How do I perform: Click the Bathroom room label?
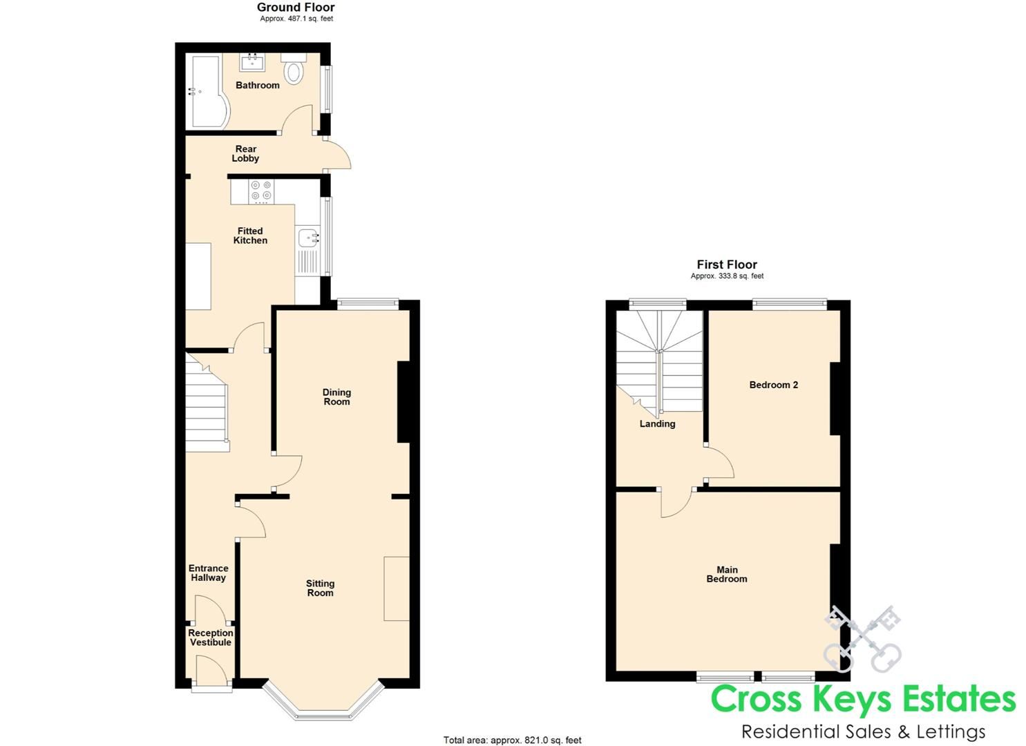click(258, 85)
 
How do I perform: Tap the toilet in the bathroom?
click(294, 70)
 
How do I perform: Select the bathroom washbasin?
click(251, 62)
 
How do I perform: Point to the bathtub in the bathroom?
click(205, 92)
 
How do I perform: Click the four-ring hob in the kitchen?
click(261, 191)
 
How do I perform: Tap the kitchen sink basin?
click(307, 238)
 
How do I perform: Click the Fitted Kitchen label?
click(250, 236)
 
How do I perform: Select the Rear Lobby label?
click(245, 153)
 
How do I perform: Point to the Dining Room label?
click(336, 396)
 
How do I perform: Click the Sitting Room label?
click(320, 588)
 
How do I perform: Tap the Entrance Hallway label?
click(208, 573)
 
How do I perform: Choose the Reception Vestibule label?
click(211, 638)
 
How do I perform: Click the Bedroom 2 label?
click(773, 385)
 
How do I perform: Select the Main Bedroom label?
click(727, 574)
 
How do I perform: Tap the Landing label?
click(657, 423)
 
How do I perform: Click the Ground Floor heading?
click(296, 8)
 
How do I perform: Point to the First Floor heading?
click(727, 265)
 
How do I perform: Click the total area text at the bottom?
click(512, 740)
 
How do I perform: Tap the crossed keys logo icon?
click(863, 639)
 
